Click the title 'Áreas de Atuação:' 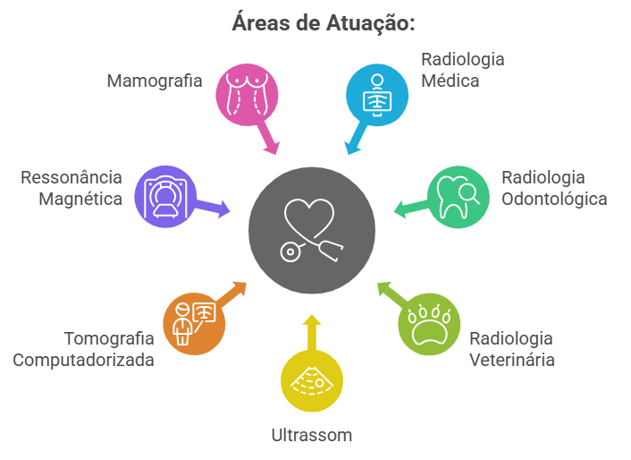coord(323,22)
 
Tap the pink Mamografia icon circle coord(246,93)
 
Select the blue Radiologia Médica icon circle coord(377,93)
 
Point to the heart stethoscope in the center coord(311,230)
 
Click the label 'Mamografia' coord(154,81)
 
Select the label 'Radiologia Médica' coord(462,70)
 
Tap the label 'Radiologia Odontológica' coord(553,187)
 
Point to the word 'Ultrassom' coord(311,436)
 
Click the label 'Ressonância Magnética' coord(72,187)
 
